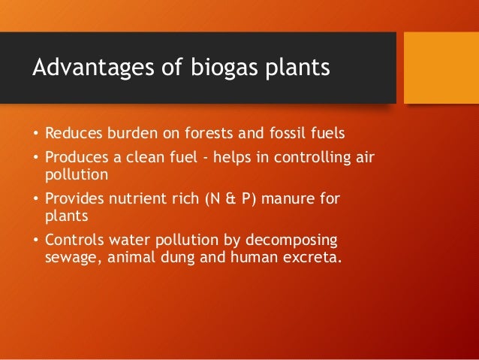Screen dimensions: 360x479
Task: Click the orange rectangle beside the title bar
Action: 441,68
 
